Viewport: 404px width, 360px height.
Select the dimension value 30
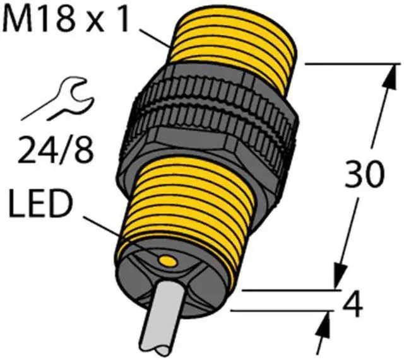pos(363,176)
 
